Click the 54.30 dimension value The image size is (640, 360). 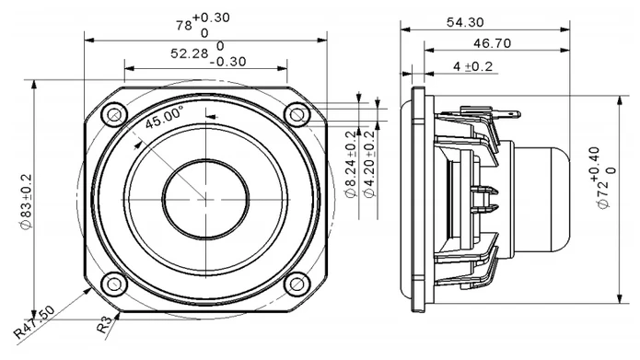[x=465, y=22]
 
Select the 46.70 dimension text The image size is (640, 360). [x=492, y=43]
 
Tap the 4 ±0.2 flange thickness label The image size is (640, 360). [x=472, y=66]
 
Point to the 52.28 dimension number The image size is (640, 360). [x=189, y=53]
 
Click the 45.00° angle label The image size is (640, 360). [x=164, y=117]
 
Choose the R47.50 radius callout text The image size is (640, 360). [x=34, y=322]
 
